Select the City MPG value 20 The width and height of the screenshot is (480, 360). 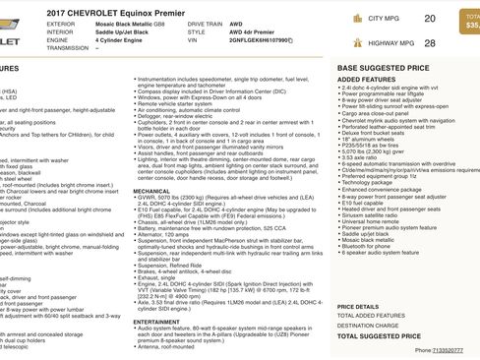pos(428,19)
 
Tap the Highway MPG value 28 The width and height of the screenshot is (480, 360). pos(428,42)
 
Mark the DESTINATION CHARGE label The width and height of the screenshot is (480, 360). pos(368,324)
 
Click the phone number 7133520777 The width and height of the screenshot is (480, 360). pos(451,350)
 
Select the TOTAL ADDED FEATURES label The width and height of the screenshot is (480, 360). pos(372,312)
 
